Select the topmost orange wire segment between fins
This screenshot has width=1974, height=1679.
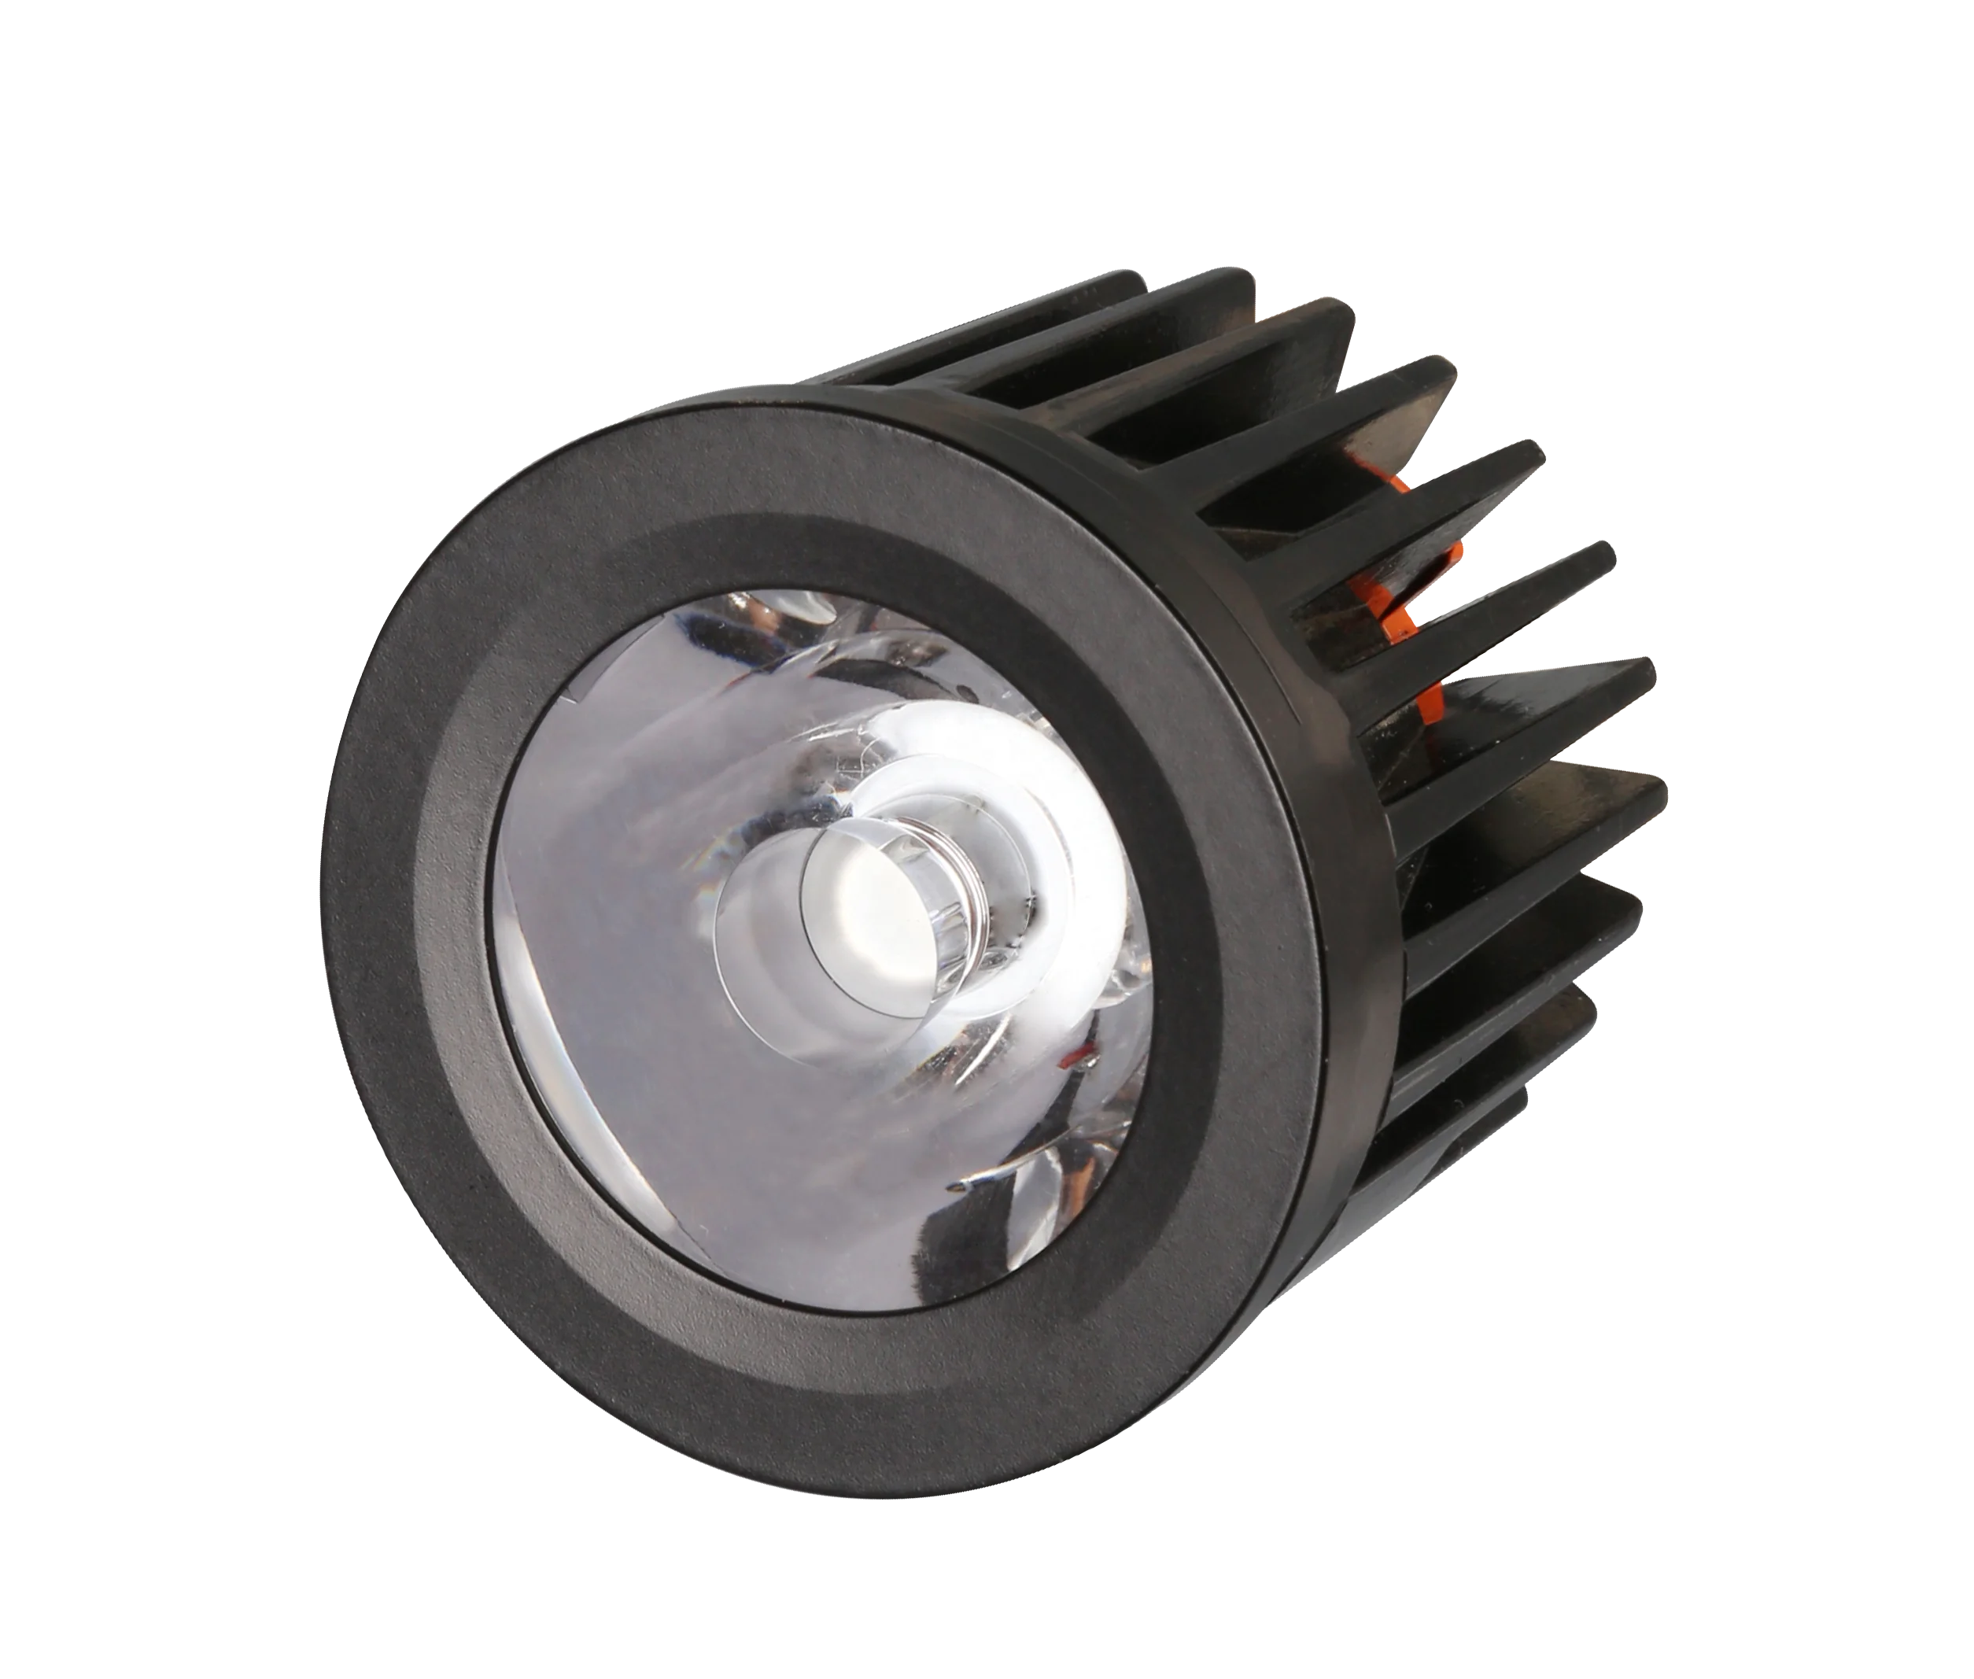coord(1397,482)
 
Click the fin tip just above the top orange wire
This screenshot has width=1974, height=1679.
coord(1428,381)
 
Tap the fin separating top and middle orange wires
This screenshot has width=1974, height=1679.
coord(1504,467)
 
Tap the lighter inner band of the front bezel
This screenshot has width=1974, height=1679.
coord(457,952)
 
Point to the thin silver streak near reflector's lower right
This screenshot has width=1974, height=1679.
coord(1009,1175)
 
